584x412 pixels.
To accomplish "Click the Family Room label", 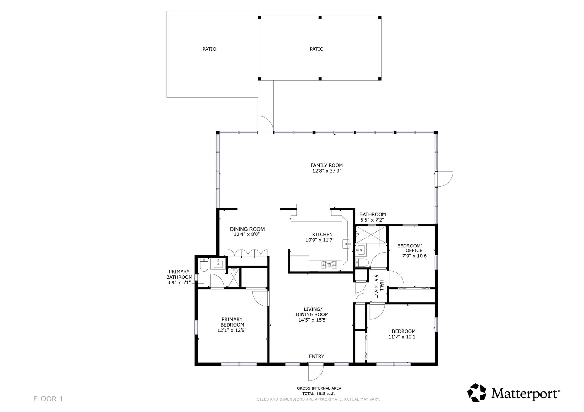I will pos(327,165).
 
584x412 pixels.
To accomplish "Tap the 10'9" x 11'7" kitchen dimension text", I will pos(320,240).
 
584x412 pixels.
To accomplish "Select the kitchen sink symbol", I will pos(346,244).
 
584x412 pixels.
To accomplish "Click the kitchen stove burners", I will pos(328,265).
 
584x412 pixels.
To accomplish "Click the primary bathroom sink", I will pos(218,264).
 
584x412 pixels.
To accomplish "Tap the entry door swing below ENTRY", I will pos(316,372).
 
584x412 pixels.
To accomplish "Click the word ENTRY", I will pos(316,356).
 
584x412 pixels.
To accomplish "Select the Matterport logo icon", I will pos(476,393).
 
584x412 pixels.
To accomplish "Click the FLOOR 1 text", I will pos(48,399).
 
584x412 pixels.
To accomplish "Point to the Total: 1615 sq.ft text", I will pos(319,394).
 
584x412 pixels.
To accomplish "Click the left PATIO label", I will pos(209,49).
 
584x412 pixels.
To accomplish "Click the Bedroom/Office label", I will pos(409,248).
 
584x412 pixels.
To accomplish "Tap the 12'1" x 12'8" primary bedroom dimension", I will pos(232,330).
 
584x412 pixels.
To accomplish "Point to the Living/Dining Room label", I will pos(312,312).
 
